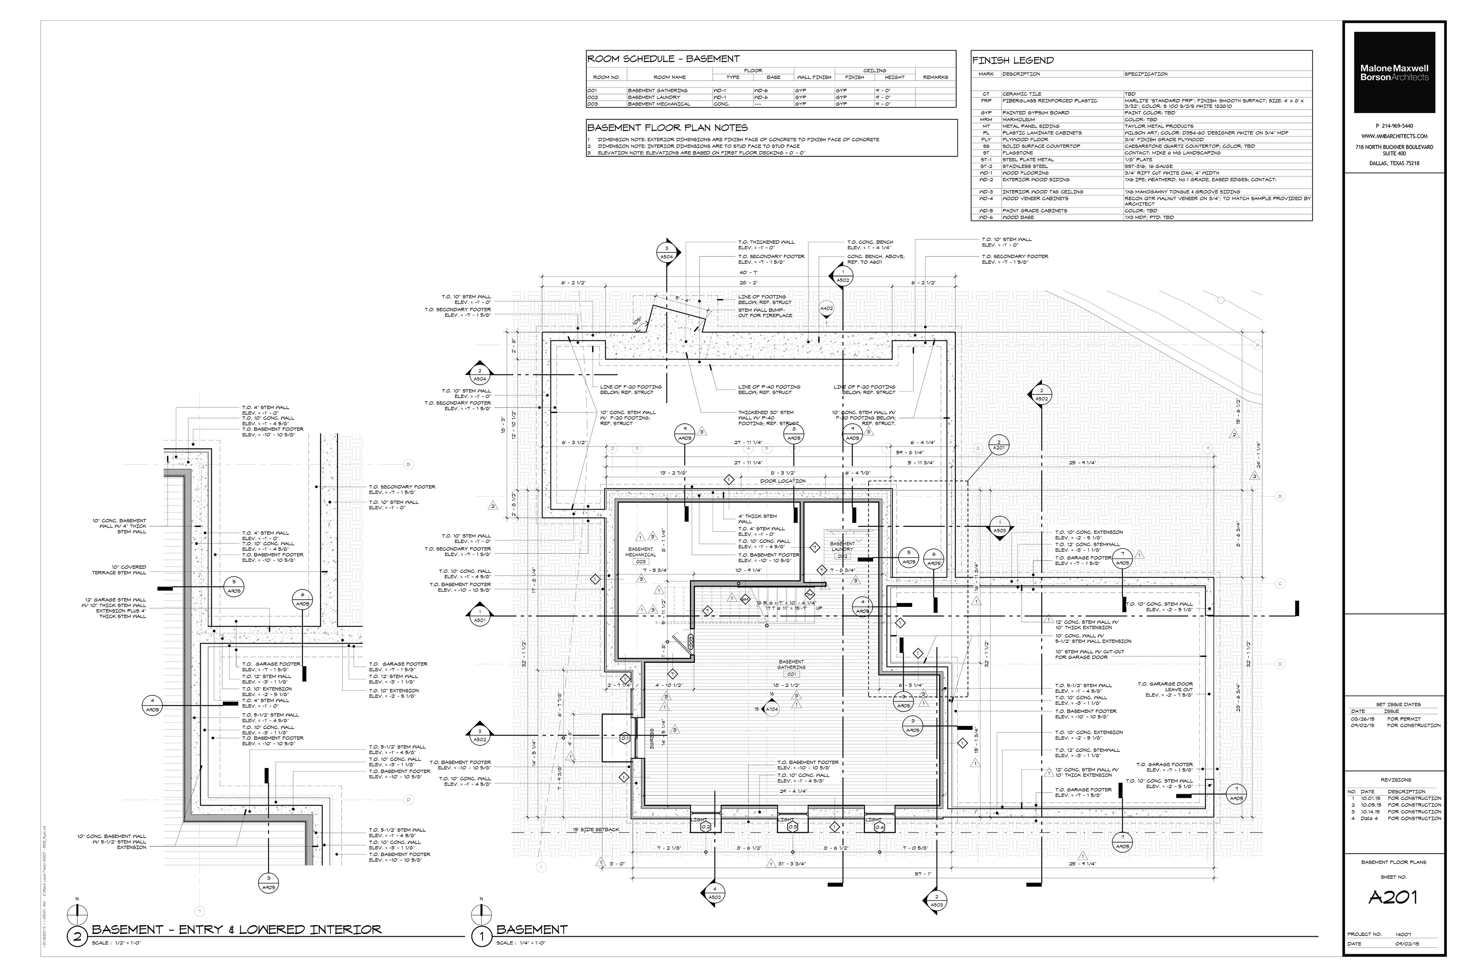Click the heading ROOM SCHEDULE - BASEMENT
(x=663, y=59)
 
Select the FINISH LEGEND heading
(x=1013, y=60)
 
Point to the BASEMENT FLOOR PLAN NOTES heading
(x=667, y=128)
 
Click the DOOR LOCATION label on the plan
(x=783, y=481)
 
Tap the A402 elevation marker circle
(x=827, y=309)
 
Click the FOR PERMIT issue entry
(x=1404, y=719)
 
